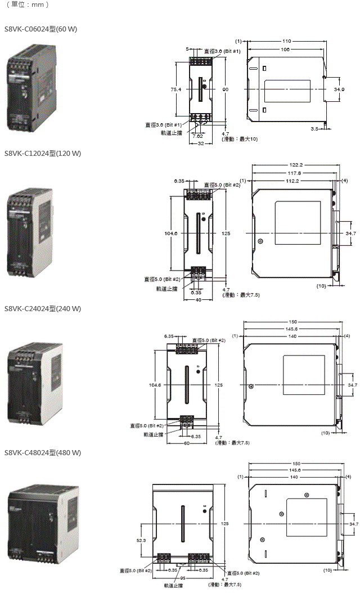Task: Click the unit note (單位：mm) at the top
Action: (28, 5)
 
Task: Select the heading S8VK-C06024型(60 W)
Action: (40, 28)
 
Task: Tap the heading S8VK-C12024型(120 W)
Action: (43, 154)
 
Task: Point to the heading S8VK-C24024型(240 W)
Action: (43, 308)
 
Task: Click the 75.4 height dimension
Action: (176, 89)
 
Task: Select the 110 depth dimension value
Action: (286, 41)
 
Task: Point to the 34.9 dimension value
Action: (339, 89)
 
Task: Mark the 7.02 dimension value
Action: (197, 136)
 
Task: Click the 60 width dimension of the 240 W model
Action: (187, 443)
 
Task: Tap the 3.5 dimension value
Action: (314, 129)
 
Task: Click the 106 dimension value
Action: (285, 50)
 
